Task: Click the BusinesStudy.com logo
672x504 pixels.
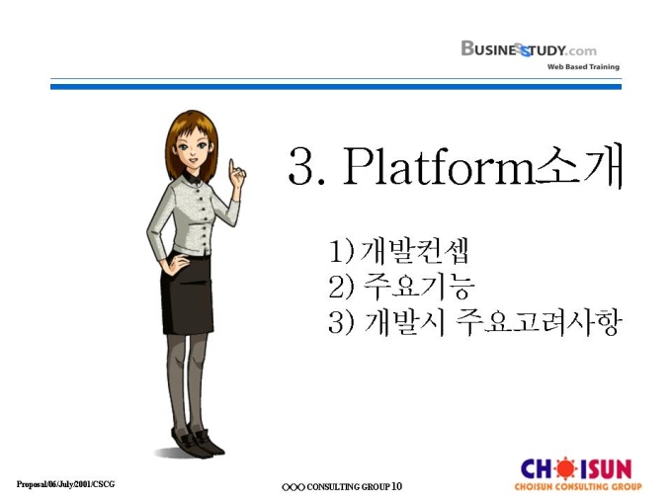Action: pyautogui.click(x=529, y=48)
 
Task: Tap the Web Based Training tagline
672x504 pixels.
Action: pyautogui.click(x=583, y=67)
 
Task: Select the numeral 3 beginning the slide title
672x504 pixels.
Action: pyautogui.click(x=300, y=166)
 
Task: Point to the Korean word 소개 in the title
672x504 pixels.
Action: pyautogui.click(x=578, y=165)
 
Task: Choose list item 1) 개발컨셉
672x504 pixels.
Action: pyautogui.click(x=398, y=251)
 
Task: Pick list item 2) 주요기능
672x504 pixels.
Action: pyautogui.click(x=401, y=287)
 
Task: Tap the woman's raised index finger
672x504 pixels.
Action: pyautogui.click(x=232, y=168)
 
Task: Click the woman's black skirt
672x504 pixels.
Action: pyautogui.click(x=187, y=295)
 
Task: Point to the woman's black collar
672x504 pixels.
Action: pyautogui.click(x=192, y=177)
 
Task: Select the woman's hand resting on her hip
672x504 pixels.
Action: pyautogui.click(x=175, y=263)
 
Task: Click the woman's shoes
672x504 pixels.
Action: pyautogui.click(x=198, y=442)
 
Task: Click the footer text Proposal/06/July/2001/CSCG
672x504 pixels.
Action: pyautogui.click(x=65, y=484)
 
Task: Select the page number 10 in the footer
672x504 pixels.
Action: pyautogui.click(x=397, y=486)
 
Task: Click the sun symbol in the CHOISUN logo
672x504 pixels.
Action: pyautogui.click(x=566, y=468)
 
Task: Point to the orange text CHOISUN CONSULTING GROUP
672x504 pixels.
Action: pyautogui.click(x=578, y=486)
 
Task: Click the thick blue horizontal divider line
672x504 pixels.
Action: pyautogui.click(x=336, y=87)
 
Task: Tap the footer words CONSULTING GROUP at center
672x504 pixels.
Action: pyautogui.click(x=349, y=487)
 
